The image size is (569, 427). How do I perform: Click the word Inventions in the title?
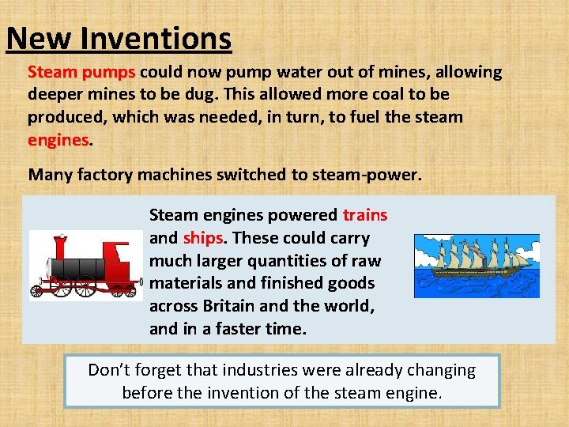pos(167,38)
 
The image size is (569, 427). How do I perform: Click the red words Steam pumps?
pos(81,73)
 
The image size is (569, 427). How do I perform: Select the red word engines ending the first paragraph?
pos(58,140)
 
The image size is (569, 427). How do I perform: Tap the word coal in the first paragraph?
pos(369,95)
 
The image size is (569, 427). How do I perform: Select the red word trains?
pos(364,215)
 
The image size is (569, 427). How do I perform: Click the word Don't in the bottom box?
pos(109,370)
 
